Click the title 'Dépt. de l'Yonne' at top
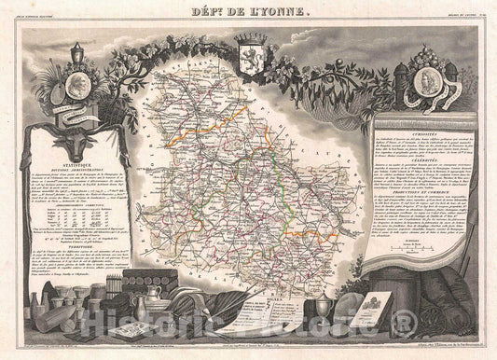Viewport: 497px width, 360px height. coord(248,13)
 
